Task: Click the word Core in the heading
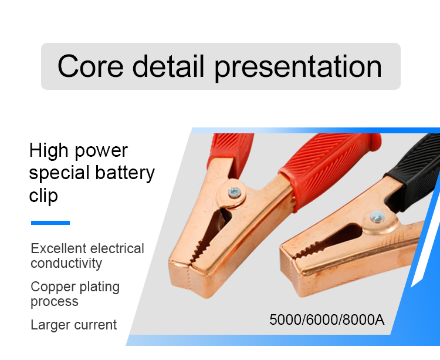click(90, 66)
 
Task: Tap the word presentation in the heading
click(298, 68)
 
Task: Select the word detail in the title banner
click(168, 66)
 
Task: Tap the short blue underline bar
click(50, 223)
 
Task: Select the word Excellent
click(59, 248)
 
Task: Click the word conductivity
click(66, 264)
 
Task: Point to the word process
click(55, 302)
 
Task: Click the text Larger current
click(73, 325)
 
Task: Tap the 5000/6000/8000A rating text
click(327, 319)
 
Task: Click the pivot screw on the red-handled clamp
click(234, 193)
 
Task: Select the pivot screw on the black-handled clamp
click(377, 217)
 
